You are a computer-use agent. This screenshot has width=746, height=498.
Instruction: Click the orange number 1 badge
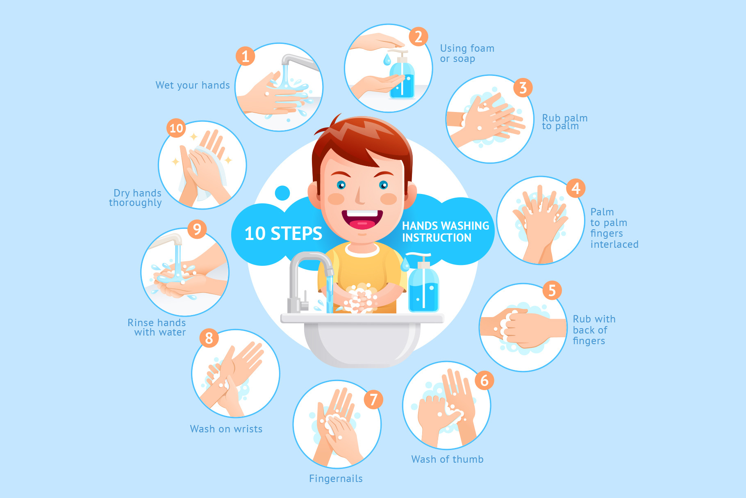245,56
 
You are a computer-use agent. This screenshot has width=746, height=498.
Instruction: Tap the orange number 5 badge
552,290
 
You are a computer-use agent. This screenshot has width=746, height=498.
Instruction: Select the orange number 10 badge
176,128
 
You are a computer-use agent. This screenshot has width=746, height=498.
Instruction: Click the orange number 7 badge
373,400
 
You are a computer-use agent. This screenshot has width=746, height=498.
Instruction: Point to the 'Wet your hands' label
193,85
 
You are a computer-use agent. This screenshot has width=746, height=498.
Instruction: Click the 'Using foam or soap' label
467,53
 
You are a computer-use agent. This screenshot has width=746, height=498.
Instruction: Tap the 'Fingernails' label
336,479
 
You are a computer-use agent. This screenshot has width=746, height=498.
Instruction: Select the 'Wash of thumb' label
447,459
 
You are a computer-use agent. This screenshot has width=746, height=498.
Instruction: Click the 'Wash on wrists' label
226,429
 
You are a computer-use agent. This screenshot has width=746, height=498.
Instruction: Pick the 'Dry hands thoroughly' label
136,198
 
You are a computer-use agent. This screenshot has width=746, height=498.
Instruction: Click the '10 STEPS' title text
283,233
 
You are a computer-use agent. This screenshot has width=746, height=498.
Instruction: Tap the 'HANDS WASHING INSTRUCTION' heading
446,232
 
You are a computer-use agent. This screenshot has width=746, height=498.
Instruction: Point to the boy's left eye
383,185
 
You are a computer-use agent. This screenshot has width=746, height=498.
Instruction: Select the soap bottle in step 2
402,76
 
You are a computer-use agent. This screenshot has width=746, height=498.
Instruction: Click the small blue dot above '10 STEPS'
282,193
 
